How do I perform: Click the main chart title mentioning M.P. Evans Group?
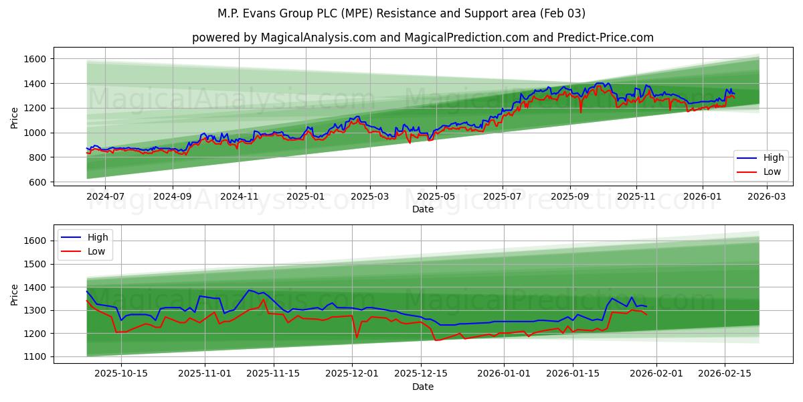[401, 13]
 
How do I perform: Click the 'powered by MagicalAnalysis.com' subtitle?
[423, 38]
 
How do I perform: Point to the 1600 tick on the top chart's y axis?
[34, 59]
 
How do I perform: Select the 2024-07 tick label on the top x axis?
[106, 196]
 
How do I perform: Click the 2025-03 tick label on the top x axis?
[370, 196]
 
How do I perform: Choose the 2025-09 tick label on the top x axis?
[569, 196]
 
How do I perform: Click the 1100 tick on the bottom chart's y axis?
[34, 356]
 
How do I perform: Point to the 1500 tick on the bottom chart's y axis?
[34, 264]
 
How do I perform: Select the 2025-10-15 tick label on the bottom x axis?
[121, 373]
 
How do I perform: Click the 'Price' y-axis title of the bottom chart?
[15, 294]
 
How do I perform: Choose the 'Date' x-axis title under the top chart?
[423, 209]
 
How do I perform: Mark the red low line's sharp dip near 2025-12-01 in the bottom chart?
[357, 337]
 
